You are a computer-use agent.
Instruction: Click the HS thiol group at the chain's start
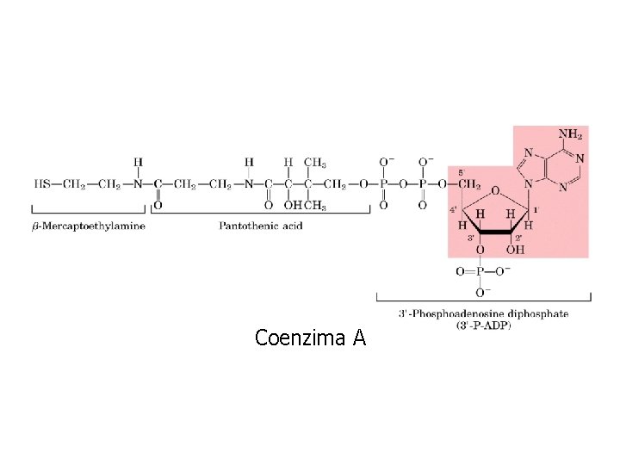(x=41, y=183)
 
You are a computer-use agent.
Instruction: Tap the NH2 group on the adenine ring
(x=570, y=135)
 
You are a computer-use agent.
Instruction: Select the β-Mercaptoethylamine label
(x=89, y=226)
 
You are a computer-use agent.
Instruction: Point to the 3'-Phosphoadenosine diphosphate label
(x=483, y=313)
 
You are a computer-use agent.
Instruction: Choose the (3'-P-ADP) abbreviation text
(x=483, y=325)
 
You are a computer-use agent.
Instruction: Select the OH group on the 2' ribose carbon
(x=515, y=250)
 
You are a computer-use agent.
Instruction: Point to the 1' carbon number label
(x=537, y=209)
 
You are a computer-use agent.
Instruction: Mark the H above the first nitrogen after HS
(x=138, y=162)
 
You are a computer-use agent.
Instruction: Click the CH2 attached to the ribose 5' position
(x=468, y=183)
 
